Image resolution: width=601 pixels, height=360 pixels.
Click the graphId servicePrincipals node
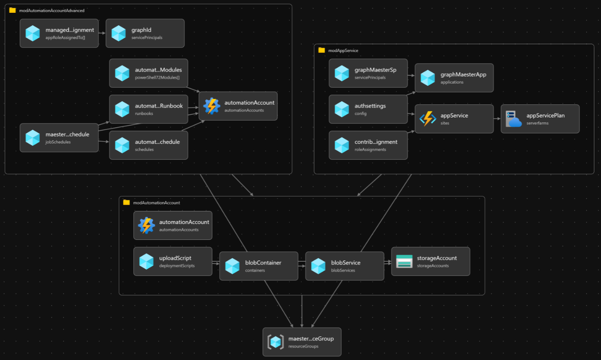click(145, 33)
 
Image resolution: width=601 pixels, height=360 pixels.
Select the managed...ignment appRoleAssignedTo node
click(59, 33)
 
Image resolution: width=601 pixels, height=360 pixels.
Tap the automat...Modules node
click(148, 73)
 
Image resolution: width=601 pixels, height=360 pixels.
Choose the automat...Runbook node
click(148, 109)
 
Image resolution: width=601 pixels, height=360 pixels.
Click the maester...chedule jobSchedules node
click(59, 138)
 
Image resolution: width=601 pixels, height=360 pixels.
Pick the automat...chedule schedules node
click(148, 145)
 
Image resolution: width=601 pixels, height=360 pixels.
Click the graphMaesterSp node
click(368, 73)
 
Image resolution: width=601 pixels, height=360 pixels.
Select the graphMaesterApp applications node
click(454, 78)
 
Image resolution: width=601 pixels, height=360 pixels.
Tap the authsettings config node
click(368, 109)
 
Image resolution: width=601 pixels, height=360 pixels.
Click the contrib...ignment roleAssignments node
click(368, 145)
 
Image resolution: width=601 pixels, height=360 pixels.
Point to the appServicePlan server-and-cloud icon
click(513, 119)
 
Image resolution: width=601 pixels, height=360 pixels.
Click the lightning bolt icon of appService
click(428, 119)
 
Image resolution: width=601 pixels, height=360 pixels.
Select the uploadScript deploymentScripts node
click(173, 261)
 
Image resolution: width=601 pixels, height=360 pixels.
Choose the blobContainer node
click(258, 266)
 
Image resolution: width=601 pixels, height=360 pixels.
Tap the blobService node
click(344, 266)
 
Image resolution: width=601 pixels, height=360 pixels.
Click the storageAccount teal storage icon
click(404, 261)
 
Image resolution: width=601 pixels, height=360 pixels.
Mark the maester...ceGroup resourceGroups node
click(302, 342)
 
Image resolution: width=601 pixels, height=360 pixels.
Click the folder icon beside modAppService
click(322, 50)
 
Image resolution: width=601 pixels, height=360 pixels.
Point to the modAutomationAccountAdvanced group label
click(52, 11)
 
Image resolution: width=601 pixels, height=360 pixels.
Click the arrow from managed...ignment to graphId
click(102, 33)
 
